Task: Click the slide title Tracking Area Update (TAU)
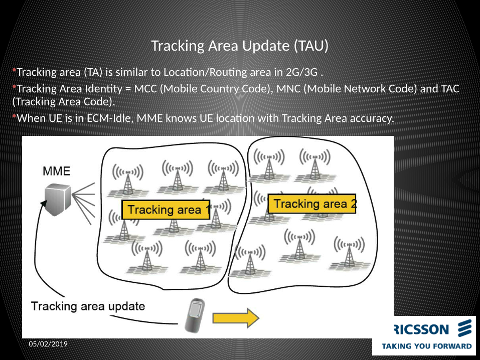240,46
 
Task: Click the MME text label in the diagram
57,171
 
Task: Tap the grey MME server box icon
57,199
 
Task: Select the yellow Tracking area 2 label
312,204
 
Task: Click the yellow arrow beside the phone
235,318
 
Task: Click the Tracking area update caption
88,306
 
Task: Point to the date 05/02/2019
48,344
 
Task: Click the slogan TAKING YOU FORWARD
427,346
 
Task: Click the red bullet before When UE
15,117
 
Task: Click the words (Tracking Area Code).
63,101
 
